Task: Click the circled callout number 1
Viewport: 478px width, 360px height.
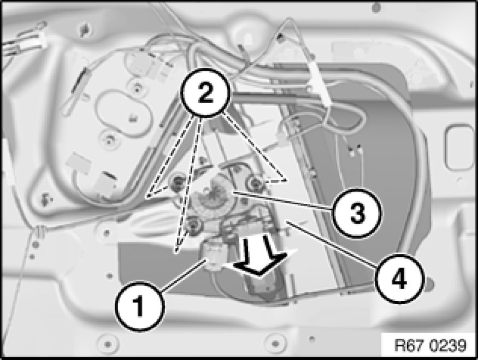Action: pyautogui.click(x=140, y=306)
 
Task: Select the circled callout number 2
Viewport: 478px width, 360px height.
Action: pyautogui.click(x=205, y=93)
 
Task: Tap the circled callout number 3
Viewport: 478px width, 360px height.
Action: pyautogui.click(x=357, y=212)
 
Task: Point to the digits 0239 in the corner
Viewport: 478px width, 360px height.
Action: pyautogui.click(x=449, y=345)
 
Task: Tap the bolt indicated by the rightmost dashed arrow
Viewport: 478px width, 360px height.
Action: pyautogui.click(x=254, y=182)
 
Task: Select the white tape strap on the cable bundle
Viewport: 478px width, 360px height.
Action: pyautogui.click(x=318, y=82)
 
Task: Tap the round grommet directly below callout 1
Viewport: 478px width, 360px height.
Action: pyautogui.click(x=107, y=344)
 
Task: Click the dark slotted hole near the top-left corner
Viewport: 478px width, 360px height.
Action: pyautogui.click(x=84, y=30)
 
